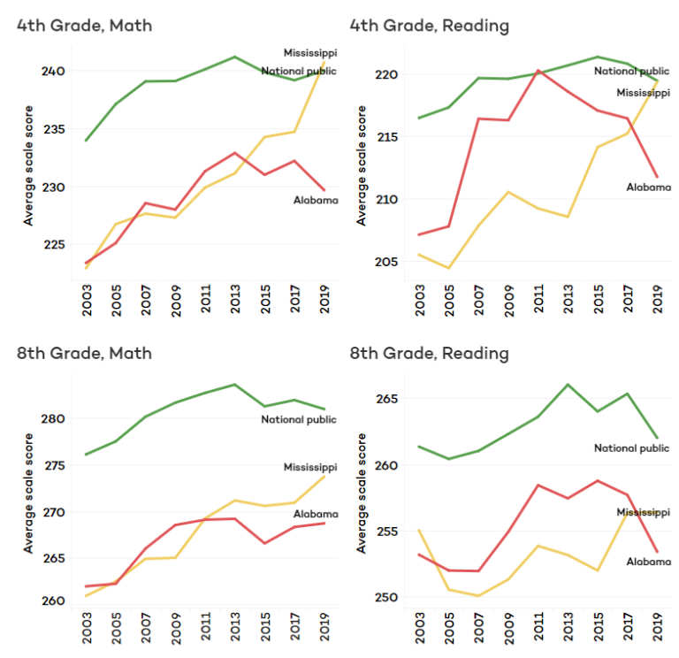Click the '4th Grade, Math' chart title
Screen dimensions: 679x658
85,26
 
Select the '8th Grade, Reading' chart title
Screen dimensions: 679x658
429,354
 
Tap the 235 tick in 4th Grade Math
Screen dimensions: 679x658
54,129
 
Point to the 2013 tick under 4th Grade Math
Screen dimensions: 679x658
235,299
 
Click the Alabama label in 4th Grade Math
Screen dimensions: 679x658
316,200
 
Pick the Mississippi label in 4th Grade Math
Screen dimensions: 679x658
310,53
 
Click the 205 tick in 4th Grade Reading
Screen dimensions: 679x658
386,262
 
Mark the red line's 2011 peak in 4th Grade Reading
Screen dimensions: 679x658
538,70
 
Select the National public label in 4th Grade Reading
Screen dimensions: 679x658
631,71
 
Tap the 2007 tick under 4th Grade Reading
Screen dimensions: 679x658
478,300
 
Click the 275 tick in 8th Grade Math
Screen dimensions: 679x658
55,466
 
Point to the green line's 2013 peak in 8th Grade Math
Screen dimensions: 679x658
234,384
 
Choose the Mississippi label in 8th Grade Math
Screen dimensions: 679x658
310,467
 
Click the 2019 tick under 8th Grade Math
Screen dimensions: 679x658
324,627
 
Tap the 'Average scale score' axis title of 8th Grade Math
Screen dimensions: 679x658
28,493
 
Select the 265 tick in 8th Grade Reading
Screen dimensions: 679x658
386,399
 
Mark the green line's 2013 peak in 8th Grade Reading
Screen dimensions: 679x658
568,384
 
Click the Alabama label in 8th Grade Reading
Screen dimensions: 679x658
649,562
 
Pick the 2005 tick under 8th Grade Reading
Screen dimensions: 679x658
449,628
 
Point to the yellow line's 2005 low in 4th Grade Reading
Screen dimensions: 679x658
448,269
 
